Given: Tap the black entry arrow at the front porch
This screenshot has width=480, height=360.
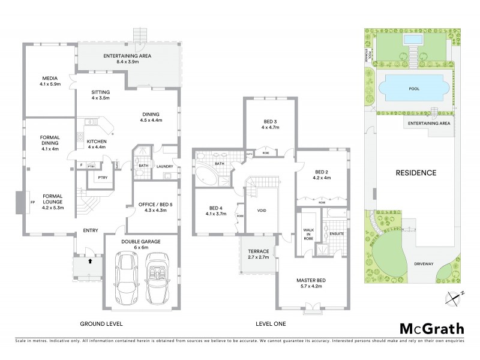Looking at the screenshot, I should pyautogui.click(x=90, y=262).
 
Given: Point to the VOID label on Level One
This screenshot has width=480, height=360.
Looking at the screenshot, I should pyautogui.click(x=262, y=211).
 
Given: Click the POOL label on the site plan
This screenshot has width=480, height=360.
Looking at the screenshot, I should pyautogui.click(x=413, y=89).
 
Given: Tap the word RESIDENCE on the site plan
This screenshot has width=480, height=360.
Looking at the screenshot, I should pyautogui.click(x=415, y=173).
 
